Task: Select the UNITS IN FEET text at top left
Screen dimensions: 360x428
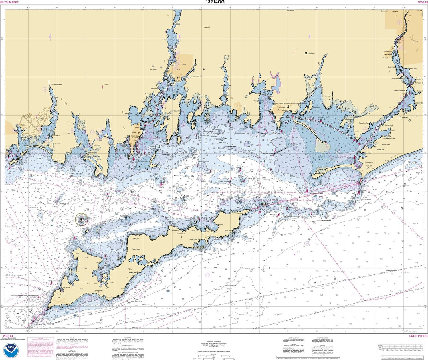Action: (x=9, y=2)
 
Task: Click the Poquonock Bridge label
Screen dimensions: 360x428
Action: (x=57, y=84)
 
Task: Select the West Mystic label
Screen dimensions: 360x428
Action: (x=153, y=69)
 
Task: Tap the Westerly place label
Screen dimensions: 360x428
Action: (x=415, y=41)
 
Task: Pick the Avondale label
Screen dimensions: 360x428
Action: (x=405, y=117)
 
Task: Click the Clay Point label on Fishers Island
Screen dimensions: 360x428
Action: (x=136, y=238)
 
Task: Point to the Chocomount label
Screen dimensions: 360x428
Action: (x=181, y=234)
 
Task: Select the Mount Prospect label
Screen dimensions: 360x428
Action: (x=99, y=290)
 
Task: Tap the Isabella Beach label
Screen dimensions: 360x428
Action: (x=133, y=272)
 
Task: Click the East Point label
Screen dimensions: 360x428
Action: (x=239, y=213)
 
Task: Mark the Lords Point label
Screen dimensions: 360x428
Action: (x=238, y=106)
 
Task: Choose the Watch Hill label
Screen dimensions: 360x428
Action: (x=368, y=166)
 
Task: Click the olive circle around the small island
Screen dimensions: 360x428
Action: (x=82, y=219)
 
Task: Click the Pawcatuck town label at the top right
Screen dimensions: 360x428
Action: (x=395, y=11)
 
